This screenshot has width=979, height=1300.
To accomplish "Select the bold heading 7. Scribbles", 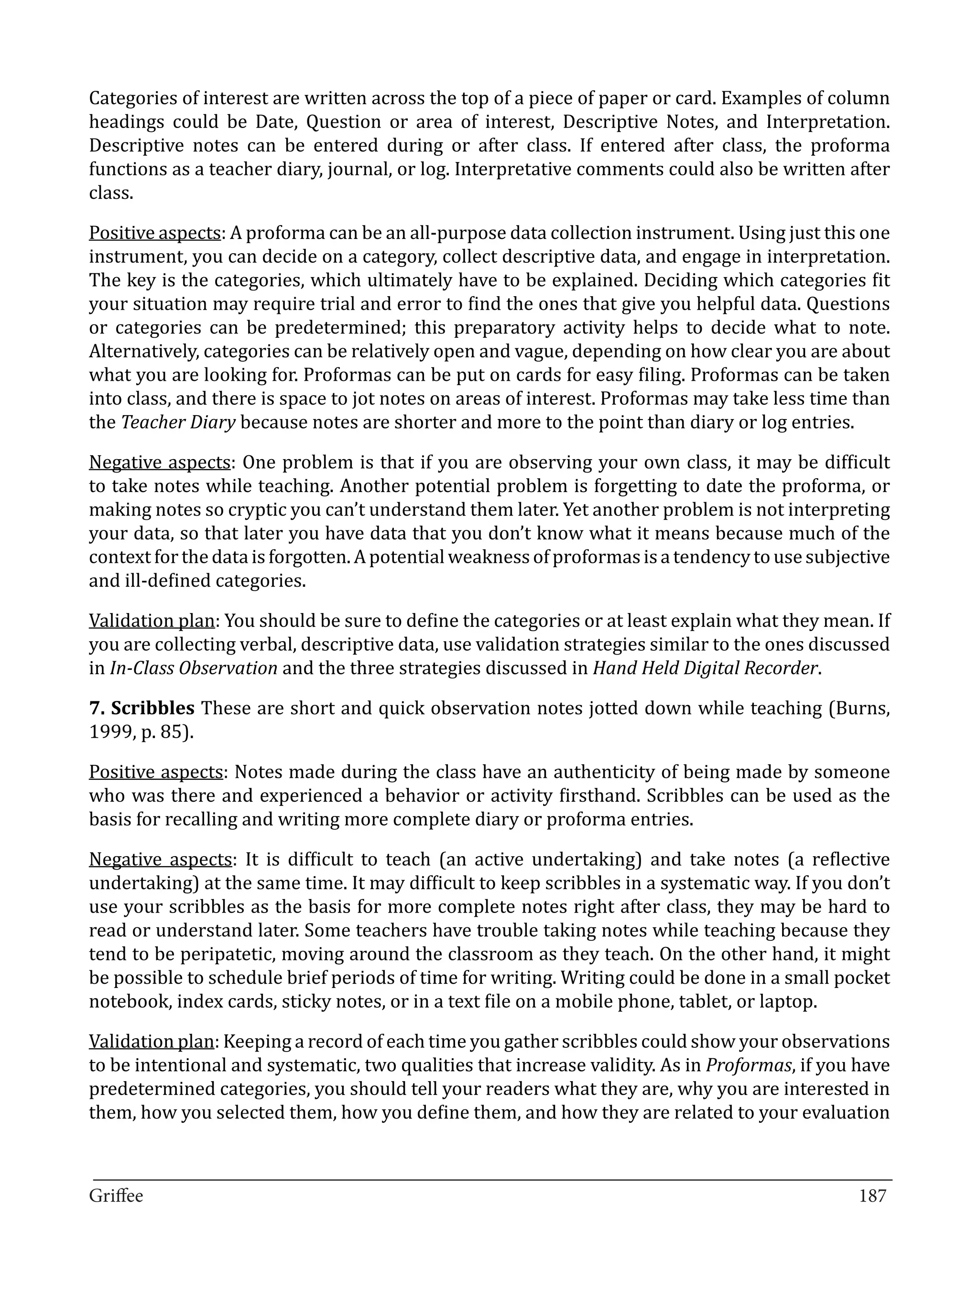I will point(141,708).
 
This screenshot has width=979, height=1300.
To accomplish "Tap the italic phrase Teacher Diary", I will point(178,422).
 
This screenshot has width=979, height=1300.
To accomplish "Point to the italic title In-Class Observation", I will point(194,668).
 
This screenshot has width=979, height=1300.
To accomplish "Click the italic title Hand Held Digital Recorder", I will point(705,668).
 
